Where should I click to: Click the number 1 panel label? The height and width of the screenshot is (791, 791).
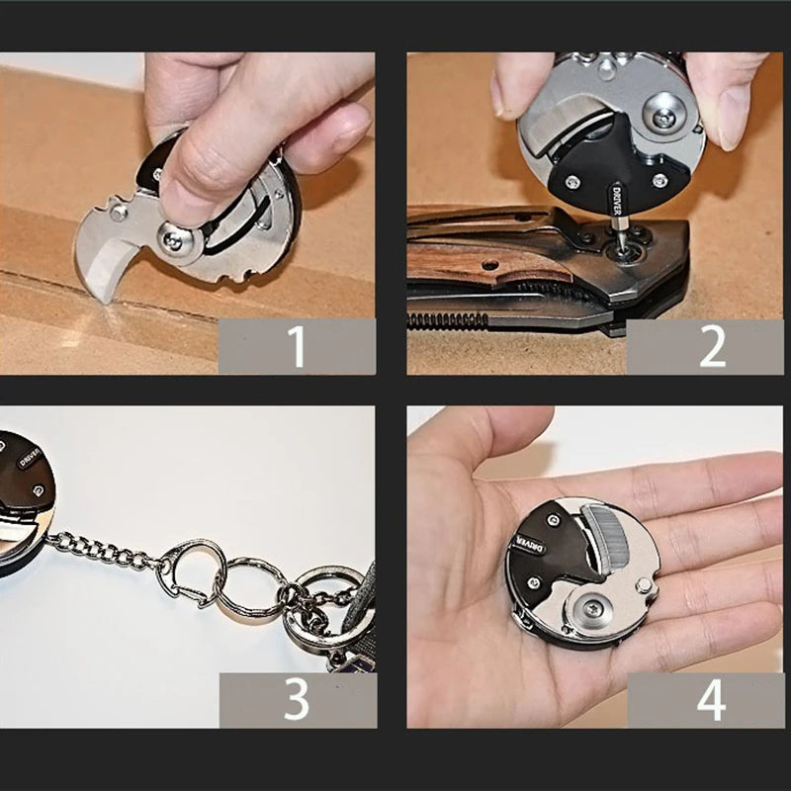click(297, 346)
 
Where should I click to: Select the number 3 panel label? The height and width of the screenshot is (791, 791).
click(297, 700)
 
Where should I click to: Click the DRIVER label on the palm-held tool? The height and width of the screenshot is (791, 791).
click(525, 545)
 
